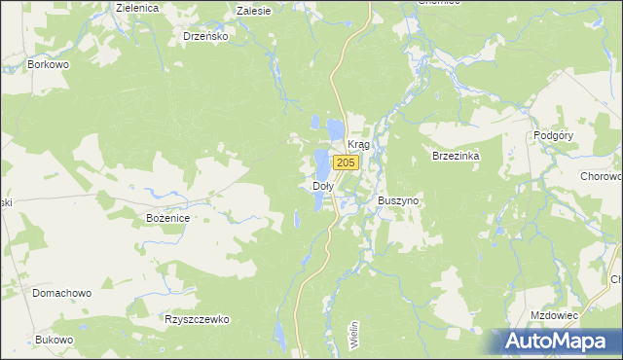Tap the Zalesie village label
pyautogui.click(x=254, y=10)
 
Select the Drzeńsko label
pyautogui.click(x=205, y=36)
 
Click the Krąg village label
pyautogui.click(x=358, y=144)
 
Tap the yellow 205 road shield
pyautogui.click(x=344, y=162)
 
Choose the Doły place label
pyautogui.click(x=322, y=185)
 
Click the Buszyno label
pyautogui.click(x=398, y=200)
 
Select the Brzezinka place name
pyautogui.click(x=457, y=156)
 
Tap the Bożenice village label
pyautogui.click(x=167, y=218)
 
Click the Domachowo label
pyautogui.click(x=61, y=292)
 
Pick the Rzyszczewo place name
pyautogui.click(x=196, y=318)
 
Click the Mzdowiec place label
pyautogui.click(x=555, y=315)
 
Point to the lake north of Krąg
pyautogui.click(x=334, y=126)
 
